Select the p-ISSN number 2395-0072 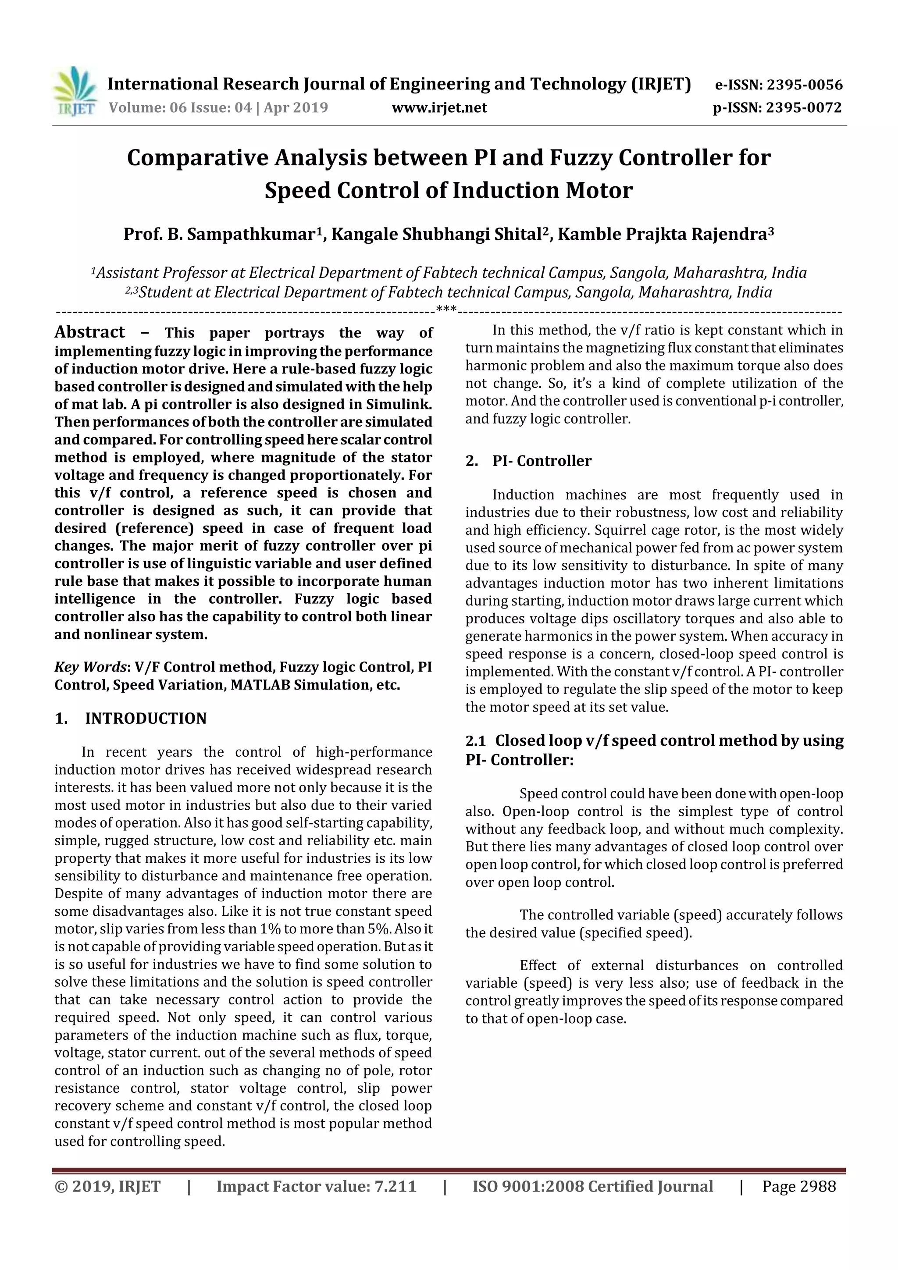coord(803,108)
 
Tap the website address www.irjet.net coord(439,108)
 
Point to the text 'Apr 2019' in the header coord(296,107)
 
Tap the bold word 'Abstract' coord(89,332)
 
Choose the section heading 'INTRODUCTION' coord(146,719)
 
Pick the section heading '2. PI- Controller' coord(528,461)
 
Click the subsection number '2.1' coord(475,740)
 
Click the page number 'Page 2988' coord(799,1186)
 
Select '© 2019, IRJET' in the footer coord(107,1186)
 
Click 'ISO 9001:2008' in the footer coord(528,1186)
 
